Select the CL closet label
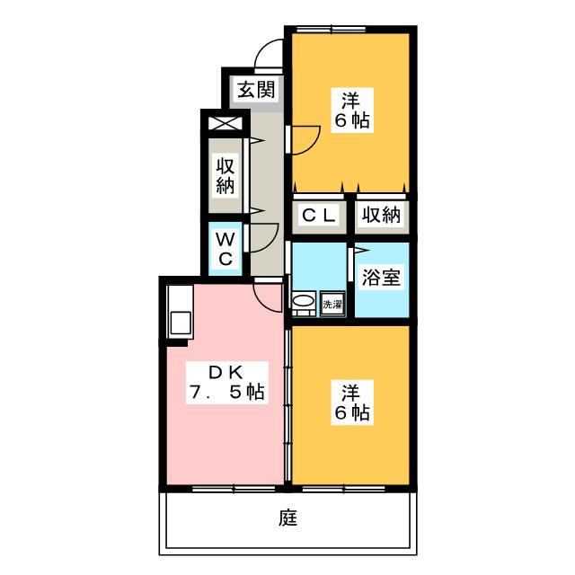pyautogui.click(x=318, y=216)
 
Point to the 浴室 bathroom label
pyautogui.click(x=381, y=277)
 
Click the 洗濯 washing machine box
pyautogui.click(x=333, y=305)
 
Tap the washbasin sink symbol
pyautogui.click(x=305, y=304)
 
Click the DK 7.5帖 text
pyautogui.click(x=226, y=382)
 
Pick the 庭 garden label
pyautogui.click(x=287, y=518)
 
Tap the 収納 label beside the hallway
pyautogui.click(x=225, y=175)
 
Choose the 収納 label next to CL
pyautogui.click(x=381, y=216)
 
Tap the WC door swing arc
pyautogui.click(x=262, y=236)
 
